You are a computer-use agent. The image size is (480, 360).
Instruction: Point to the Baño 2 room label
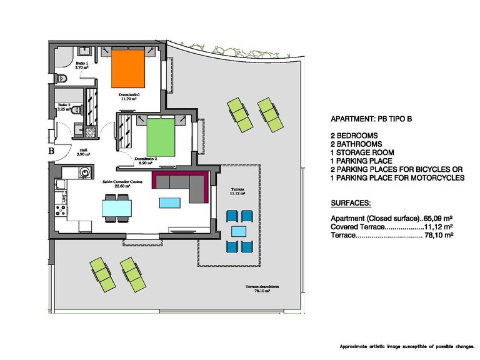pos(65,107)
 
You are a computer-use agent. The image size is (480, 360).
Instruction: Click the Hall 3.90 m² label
pos(83,152)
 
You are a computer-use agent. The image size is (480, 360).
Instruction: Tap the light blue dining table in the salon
pos(117,206)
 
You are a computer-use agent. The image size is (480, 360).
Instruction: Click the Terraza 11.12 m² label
pos(236,191)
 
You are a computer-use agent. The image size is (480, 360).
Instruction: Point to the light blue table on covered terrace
pos(239,231)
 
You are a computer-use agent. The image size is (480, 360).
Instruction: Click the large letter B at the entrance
pos(52,150)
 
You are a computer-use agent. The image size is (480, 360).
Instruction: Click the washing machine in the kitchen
pos(83,171)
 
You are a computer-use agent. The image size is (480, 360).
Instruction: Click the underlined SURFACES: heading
pos(350,204)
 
